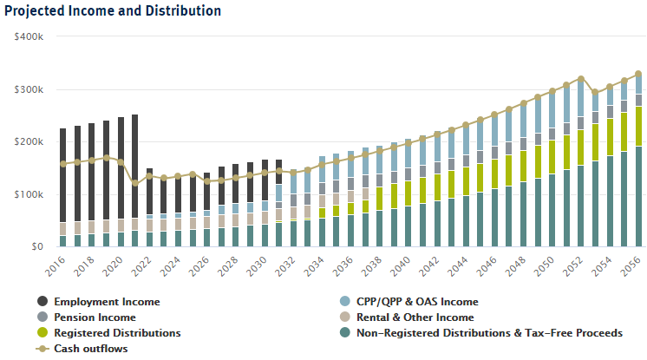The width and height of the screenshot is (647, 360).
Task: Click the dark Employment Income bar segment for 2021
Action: click(134, 165)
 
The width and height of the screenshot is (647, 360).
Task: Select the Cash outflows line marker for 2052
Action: click(581, 79)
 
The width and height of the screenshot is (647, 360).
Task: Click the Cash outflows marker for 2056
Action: click(638, 74)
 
